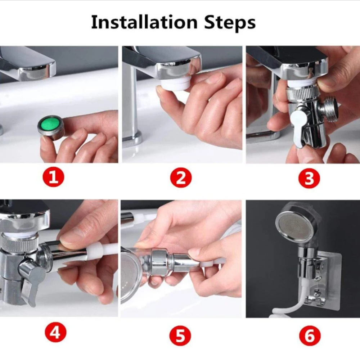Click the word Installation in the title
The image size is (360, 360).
[x=144, y=22]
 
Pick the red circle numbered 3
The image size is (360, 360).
[x=309, y=178]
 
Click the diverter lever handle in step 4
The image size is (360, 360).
[x=32, y=279]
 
